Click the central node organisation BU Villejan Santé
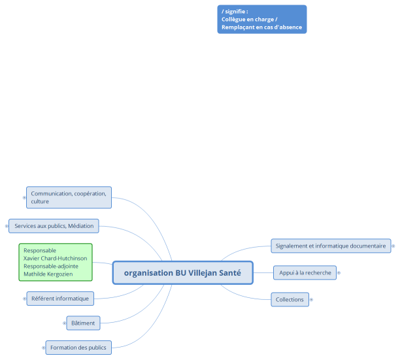pos(182,273)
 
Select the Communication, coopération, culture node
pos(69,197)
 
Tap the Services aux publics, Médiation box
pos(54,226)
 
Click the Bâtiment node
pos(83,323)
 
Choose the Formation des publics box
pos(78,347)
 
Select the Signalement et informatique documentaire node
pos(331,246)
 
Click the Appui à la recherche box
pos(305,272)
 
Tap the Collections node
pos(290,299)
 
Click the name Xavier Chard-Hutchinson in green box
pos(55,259)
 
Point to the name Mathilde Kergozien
pos(48,274)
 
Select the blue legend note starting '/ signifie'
pos(261,19)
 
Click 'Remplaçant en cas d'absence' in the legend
pos(261,27)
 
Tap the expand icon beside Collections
pos(311,299)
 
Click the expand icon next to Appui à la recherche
pos(339,272)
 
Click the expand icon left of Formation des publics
pos(42,347)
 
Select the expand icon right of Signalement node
pos(393,246)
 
